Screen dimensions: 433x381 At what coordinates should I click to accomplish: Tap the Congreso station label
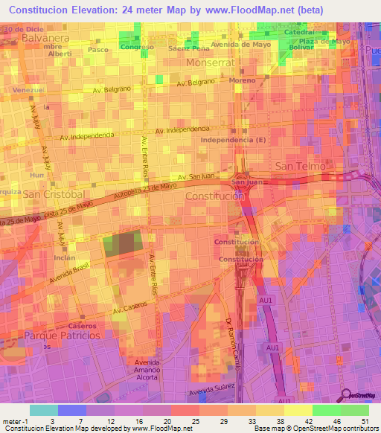click(137, 47)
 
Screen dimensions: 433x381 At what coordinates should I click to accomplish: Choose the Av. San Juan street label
click(185, 176)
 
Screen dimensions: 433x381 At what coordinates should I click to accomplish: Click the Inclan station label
click(64, 258)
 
